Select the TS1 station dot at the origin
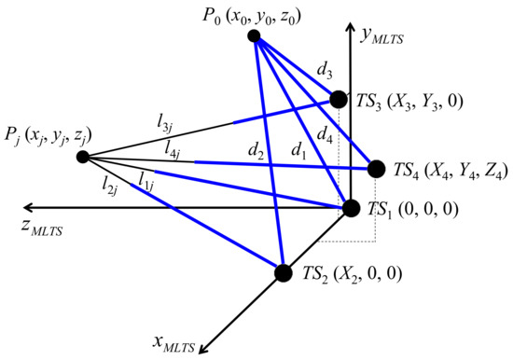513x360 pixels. [352, 207]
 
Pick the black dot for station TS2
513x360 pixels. [283, 272]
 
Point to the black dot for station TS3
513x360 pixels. [339, 98]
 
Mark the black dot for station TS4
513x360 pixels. [376, 169]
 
